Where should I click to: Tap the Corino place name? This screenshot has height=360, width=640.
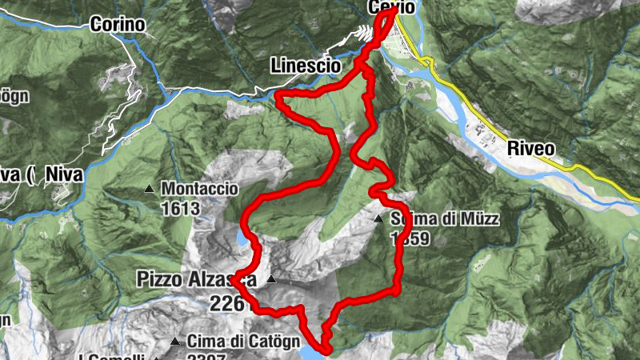click(x=118, y=25)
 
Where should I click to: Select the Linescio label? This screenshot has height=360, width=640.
click(x=305, y=64)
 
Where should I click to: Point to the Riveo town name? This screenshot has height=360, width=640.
click(x=530, y=148)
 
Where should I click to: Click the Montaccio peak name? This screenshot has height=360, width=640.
click(x=200, y=189)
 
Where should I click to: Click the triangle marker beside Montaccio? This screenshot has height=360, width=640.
click(x=149, y=190)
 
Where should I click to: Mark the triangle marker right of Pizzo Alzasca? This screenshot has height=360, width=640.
click(x=271, y=280)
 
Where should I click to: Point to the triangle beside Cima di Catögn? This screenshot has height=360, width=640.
click(x=175, y=342)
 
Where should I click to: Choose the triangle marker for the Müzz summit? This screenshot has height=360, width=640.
click(x=378, y=218)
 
